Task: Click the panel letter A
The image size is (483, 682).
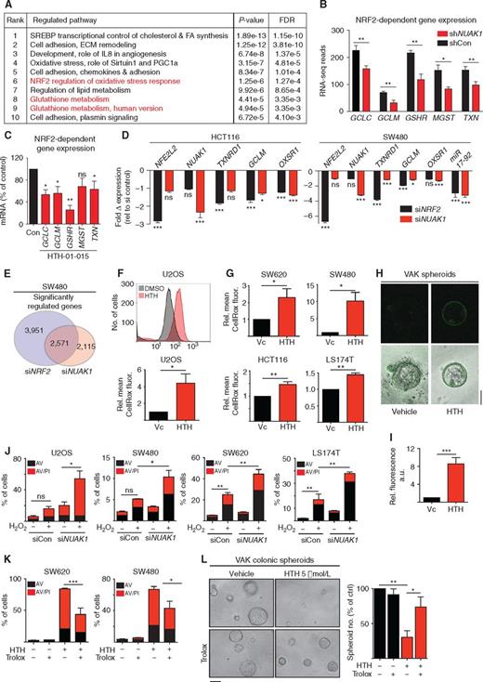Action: [7, 7]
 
